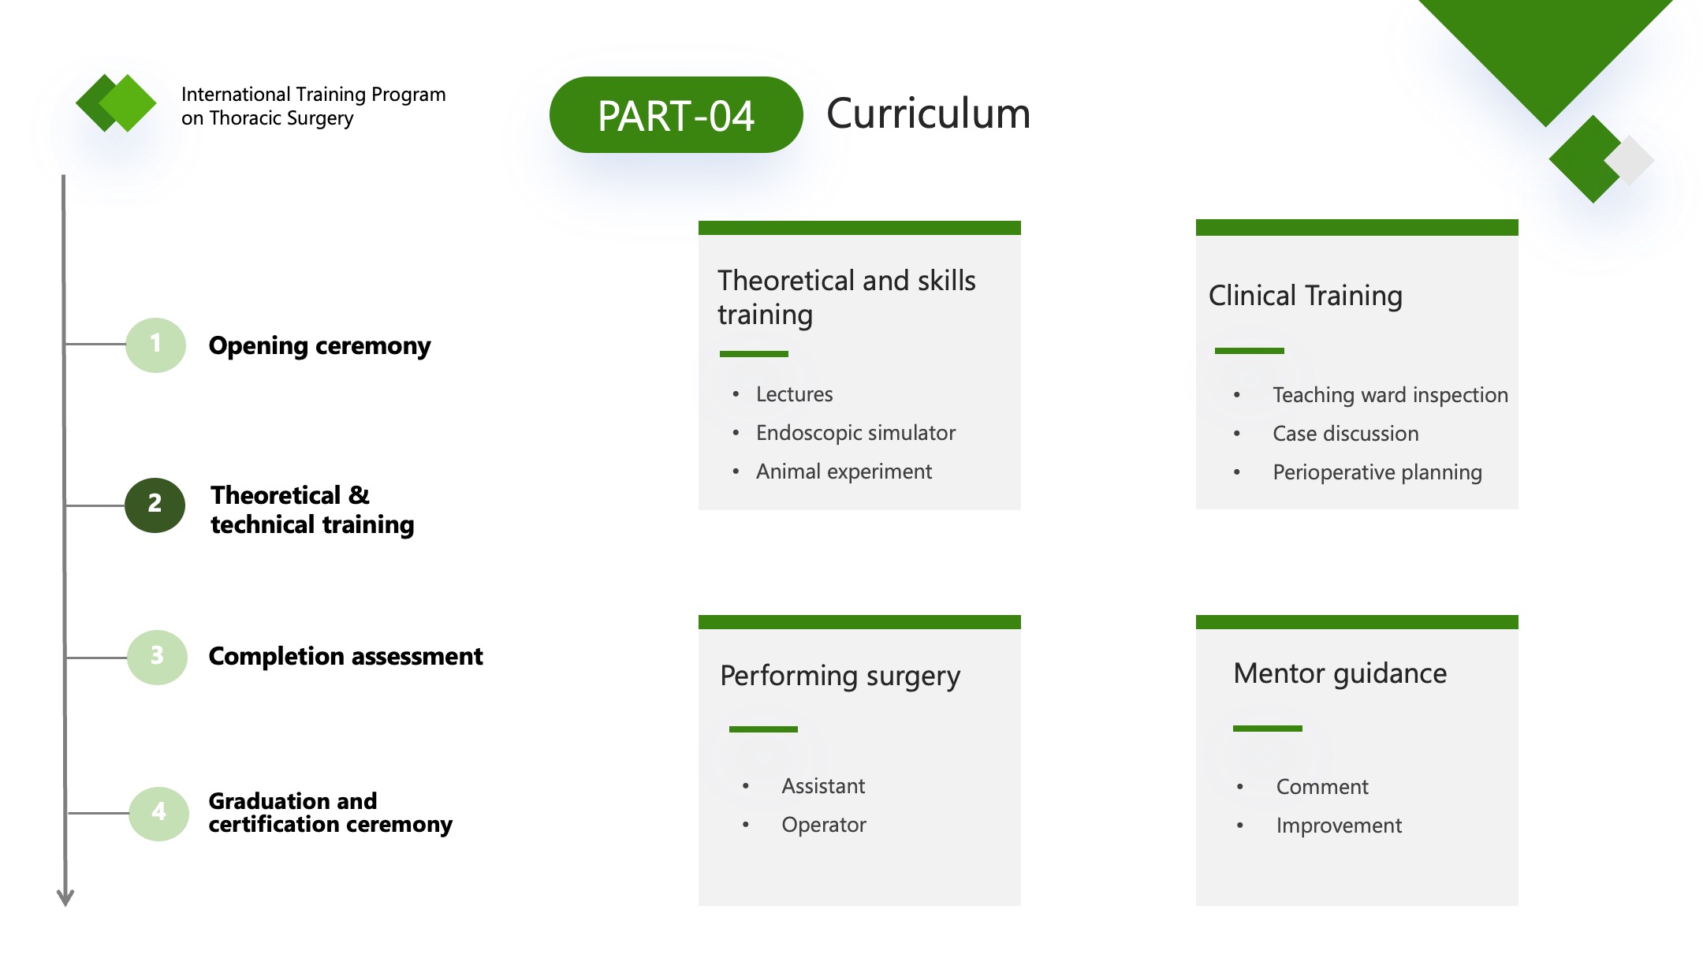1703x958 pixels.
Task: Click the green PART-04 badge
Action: (x=676, y=114)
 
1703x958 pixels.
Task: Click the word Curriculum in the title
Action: (x=928, y=114)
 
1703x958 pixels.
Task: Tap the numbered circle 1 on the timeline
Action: (x=155, y=345)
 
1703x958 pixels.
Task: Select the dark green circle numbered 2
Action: (x=155, y=505)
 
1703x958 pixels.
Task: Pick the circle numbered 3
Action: (x=157, y=657)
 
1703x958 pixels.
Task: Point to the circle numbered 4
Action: (x=158, y=813)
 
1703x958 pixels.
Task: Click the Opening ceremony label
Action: (x=319, y=346)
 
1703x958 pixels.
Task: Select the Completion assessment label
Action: (x=345, y=656)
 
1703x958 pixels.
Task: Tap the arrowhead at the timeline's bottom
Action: (x=65, y=897)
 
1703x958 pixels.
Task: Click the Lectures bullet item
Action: (x=794, y=394)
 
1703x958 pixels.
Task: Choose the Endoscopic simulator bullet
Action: (x=855, y=433)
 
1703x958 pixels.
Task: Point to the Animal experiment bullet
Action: (x=844, y=472)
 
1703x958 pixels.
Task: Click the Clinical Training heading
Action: (x=1306, y=296)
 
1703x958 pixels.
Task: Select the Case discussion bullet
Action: (x=1345, y=434)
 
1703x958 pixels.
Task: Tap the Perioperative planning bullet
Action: (x=1377, y=472)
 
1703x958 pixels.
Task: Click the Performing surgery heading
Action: (x=840, y=677)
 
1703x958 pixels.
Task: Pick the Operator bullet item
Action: (x=824, y=825)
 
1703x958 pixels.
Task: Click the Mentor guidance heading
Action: (x=1340, y=674)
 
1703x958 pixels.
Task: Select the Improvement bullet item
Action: (x=1339, y=826)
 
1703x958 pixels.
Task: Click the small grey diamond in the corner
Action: (x=1629, y=160)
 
